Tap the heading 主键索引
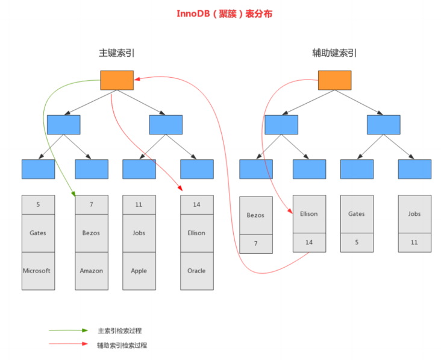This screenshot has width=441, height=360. pos(116,53)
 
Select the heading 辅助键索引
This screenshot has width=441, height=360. pos(334,53)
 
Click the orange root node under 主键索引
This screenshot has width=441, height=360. pos(116,80)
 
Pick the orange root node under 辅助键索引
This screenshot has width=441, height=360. pos(334,80)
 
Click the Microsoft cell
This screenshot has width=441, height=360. pos(38,271)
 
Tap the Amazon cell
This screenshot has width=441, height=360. pos(91,271)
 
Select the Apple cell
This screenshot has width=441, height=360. pos(139,271)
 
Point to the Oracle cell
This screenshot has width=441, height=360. pos(196,271)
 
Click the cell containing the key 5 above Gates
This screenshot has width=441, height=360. pos(38,204)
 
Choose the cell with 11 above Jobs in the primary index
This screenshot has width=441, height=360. pos(139,204)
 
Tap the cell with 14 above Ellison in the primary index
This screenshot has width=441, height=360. pos(196,204)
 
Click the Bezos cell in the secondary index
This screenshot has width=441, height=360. pos(256,215)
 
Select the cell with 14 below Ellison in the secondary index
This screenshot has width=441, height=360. pos(309,242)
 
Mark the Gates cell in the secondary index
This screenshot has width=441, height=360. pos(356,214)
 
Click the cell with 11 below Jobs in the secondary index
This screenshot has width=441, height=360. pos(414,242)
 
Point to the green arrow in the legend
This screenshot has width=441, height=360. pos(69,330)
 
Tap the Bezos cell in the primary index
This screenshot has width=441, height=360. pos(91,233)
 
